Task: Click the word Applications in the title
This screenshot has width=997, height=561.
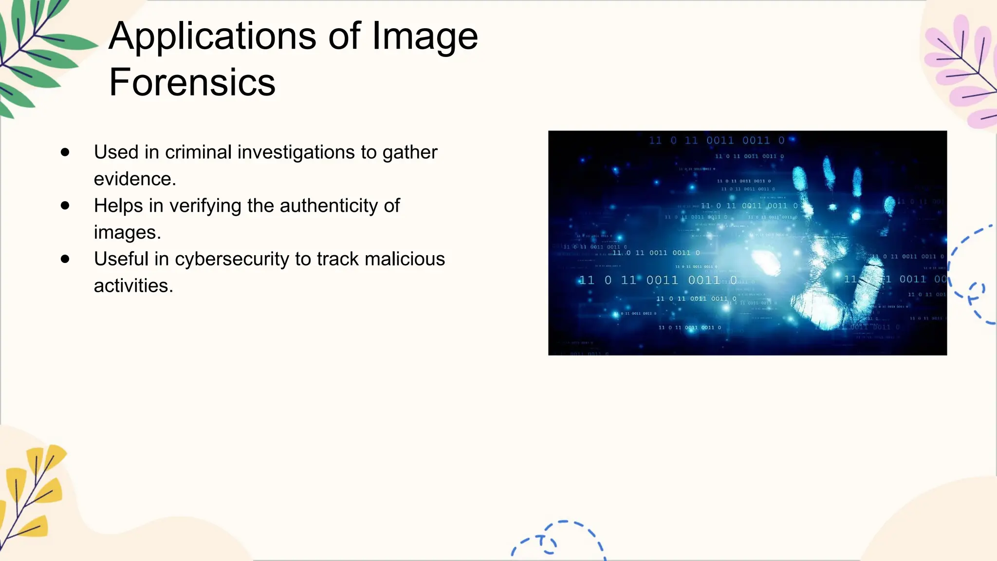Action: click(212, 37)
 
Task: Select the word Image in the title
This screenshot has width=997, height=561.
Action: click(425, 37)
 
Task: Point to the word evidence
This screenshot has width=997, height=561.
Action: click(134, 179)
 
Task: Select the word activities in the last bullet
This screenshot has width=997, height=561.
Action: click(133, 286)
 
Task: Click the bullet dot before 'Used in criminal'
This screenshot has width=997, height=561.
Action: click(65, 152)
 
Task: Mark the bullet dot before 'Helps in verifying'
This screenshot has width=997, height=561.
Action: click(65, 206)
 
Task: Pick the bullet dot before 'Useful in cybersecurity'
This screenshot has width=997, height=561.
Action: click(65, 259)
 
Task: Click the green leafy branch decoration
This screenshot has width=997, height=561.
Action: click(34, 54)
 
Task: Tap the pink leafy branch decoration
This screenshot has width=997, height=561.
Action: click(964, 68)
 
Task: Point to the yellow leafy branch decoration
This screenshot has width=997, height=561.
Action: click(32, 492)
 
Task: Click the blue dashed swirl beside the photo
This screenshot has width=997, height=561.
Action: click(971, 278)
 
